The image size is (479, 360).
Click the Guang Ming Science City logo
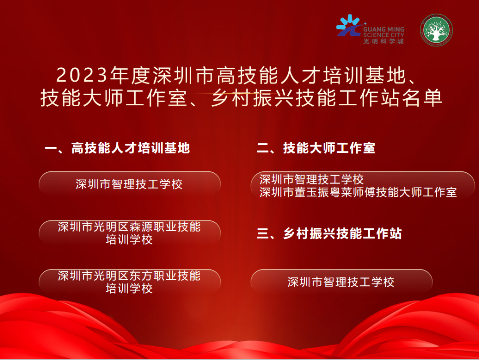point(370,30)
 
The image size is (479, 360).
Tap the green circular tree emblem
point(436,30)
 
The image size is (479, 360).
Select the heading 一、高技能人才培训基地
point(117,148)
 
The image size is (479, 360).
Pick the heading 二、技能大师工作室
point(316,148)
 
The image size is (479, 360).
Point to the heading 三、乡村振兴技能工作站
point(329,234)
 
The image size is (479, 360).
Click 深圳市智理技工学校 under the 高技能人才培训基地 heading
point(129,184)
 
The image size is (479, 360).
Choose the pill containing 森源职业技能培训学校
point(130,233)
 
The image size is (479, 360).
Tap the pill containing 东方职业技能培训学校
point(130,282)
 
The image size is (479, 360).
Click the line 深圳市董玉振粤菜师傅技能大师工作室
point(358,192)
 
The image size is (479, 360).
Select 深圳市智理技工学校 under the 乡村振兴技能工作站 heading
point(341,282)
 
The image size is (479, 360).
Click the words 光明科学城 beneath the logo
point(383,42)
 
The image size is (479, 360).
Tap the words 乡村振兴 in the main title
point(253,98)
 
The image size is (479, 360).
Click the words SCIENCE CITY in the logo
point(383,35)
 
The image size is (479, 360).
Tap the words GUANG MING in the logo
point(383,29)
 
